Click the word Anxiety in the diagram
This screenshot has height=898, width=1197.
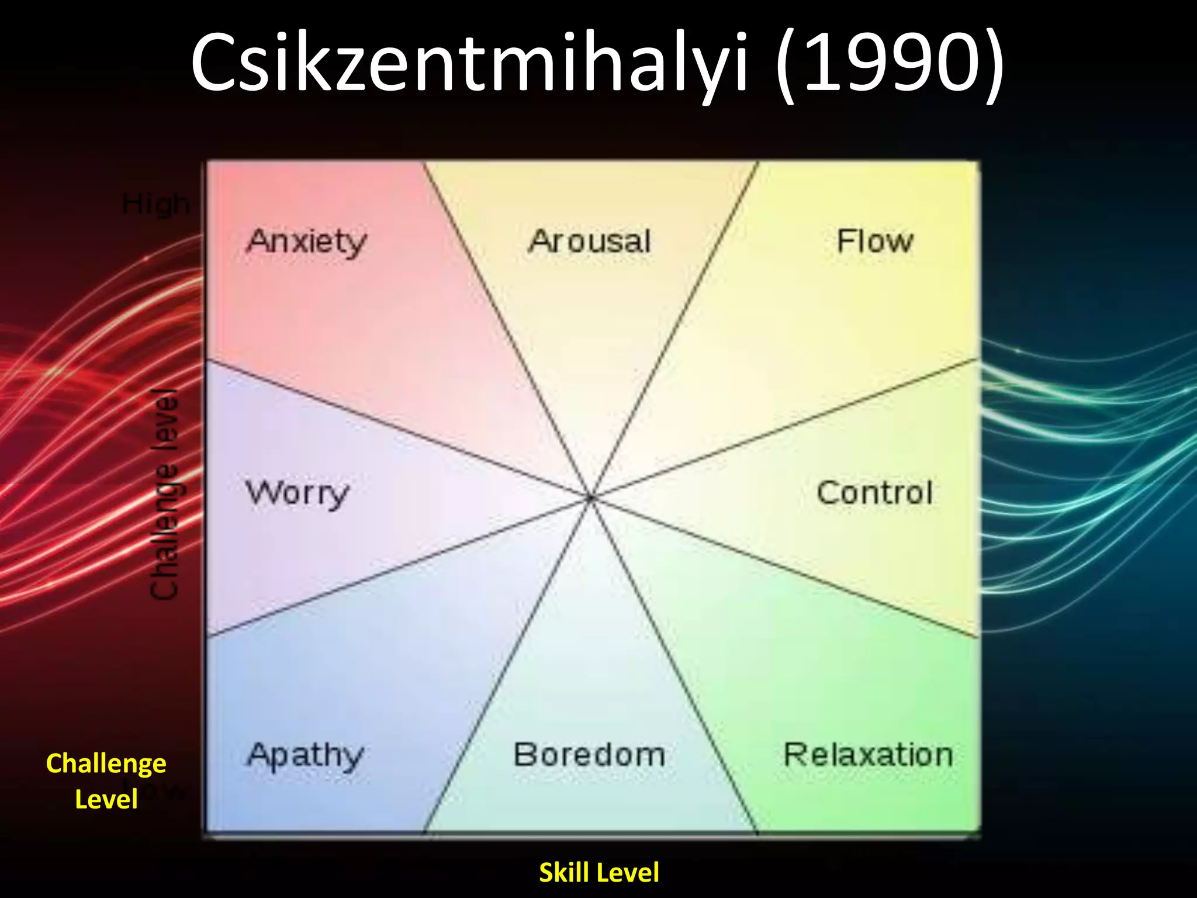306,242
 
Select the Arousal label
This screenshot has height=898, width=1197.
589,241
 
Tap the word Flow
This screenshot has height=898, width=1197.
874,241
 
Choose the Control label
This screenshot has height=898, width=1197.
874,492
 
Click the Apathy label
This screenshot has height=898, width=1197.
305,756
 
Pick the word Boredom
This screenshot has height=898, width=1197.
589,755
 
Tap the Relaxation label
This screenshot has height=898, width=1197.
868,755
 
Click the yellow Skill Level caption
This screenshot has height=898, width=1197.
598,872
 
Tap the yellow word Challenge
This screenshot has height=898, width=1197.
106,764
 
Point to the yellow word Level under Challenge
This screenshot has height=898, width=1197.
106,799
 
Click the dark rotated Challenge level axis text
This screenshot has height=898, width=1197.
164,494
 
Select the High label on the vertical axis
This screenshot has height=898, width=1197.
155,205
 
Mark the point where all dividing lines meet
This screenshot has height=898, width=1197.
591,498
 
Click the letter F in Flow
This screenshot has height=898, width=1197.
845,241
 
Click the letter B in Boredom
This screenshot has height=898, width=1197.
524,755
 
